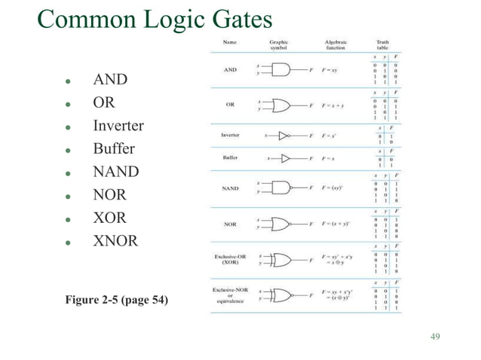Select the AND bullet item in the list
pos(109,79)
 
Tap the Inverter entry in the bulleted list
pos(118,125)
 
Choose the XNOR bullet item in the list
pos(115,242)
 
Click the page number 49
pos(434,335)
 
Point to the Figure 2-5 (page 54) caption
pos(117,302)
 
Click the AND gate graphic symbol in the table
pos(280,70)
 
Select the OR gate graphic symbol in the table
pos(280,105)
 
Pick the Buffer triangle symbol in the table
pos(284,158)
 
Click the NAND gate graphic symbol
pos(281,187)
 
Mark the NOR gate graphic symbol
pos(281,224)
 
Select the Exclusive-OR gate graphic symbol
pos(281,260)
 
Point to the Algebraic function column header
pos(335,44)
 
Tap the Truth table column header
pos(383,44)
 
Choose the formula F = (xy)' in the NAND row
pos(335,187)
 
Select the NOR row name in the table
pos(230,224)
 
